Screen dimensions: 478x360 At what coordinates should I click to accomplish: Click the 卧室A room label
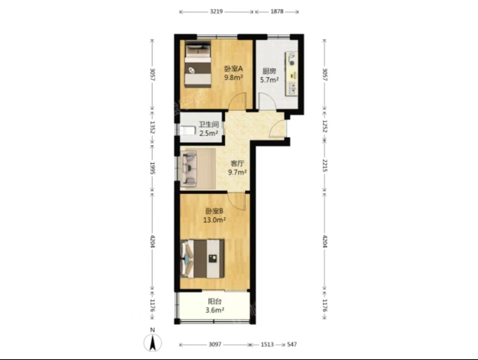[x=233, y=69]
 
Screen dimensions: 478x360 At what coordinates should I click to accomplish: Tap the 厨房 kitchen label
[x=269, y=71]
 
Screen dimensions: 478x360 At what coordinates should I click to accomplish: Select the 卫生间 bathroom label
[x=209, y=124]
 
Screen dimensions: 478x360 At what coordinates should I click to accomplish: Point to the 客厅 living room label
[x=237, y=164]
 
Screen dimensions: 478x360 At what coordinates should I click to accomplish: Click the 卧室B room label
[x=214, y=211]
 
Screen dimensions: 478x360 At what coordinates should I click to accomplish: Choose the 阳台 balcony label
[x=215, y=301]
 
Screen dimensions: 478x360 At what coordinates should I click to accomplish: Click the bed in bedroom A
[x=198, y=64]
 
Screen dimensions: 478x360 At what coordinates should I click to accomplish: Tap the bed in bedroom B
[x=202, y=259]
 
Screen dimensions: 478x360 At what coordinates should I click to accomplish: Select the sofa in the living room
[x=189, y=169]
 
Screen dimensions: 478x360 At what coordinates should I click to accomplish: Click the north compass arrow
[x=153, y=343]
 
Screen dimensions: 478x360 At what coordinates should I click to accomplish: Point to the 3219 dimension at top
[x=217, y=12]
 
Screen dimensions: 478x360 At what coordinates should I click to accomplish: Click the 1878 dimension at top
[x=277, y=12]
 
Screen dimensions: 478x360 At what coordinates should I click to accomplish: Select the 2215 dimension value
[x=325, y=165]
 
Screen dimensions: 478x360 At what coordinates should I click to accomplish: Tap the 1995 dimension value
[x=153, y=168]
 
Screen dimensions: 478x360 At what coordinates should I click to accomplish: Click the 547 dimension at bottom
[x=292, y=344]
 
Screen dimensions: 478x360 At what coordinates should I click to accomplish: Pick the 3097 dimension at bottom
[x=215, y=344]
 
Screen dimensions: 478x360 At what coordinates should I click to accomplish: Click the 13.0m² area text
[x=215, y=220]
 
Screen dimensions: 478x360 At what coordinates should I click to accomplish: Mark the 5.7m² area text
[x=269, y=80]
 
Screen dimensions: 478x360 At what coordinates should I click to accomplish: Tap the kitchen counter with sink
[x=292, y=74]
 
